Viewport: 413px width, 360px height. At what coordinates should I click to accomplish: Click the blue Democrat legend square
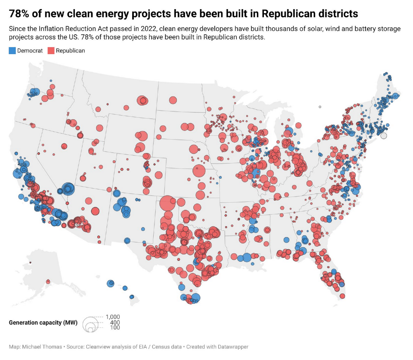(x=12, y=51)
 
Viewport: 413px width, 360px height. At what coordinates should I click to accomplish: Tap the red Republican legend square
(x=51, y=51)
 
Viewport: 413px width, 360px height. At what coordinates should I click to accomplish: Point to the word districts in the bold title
(x=335, y=14)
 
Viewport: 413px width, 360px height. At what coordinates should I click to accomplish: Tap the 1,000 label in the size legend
(x=113, y=317)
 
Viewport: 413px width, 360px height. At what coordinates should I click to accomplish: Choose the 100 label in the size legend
(x=115, y=328)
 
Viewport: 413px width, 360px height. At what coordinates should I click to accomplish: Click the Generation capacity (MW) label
(x=43, y=322)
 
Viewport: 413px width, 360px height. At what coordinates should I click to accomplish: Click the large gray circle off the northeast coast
(x=384, y=135)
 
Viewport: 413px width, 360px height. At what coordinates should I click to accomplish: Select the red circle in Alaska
(x=48, y=282)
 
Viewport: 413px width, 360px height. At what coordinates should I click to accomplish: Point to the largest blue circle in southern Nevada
(x=68, y=189)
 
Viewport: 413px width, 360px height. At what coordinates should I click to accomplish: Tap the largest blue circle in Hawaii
(x=110, y=283)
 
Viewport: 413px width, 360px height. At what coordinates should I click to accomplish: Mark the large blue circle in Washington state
(x=35, y=92)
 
